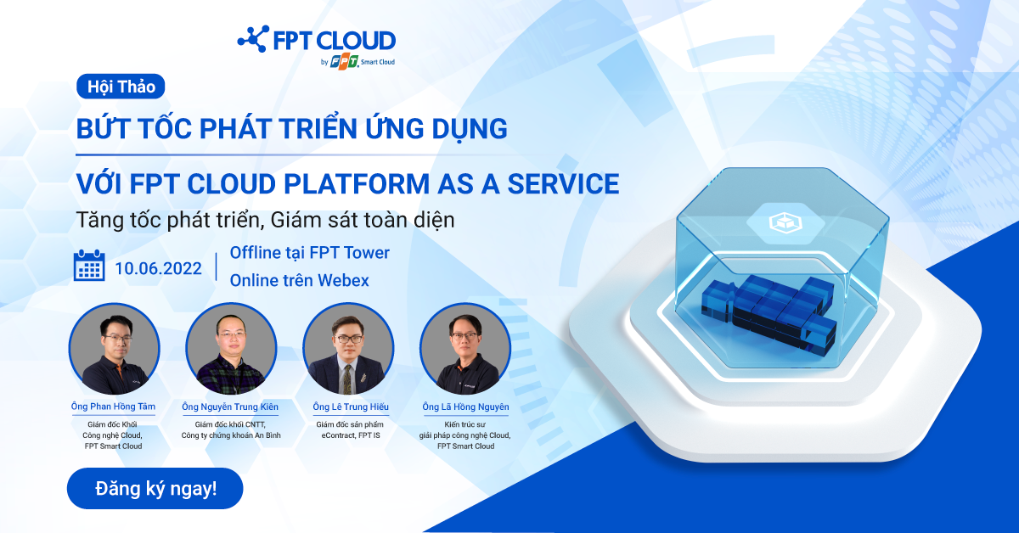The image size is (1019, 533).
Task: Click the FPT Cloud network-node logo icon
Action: pyautogui.click(x=253, y=39)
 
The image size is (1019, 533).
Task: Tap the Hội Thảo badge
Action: pyautogui.click(x=121, y=87)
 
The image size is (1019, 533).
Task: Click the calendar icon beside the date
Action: pyautogui.click(x=89, y=265)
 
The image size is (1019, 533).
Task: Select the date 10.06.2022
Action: pyautogui.click(x=158, y=268)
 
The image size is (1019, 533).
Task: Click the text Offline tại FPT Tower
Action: pyautogui.click(x=309, y=253)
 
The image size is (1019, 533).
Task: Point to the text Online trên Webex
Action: pyautogui.click(x=299, y=280)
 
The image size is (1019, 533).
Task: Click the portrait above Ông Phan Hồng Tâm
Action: pyautogui.click(x=114, y=349)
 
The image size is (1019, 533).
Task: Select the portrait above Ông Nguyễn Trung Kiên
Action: pyautogui.click(x=231, y=349)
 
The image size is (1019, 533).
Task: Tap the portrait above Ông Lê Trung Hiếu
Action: pyautogui.click(x=348, y=349)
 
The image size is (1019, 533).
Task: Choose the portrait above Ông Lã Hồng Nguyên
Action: pyautogui.click(x=465, y=349)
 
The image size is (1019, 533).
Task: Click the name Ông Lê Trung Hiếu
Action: pyautogui.click(x=350, y=407)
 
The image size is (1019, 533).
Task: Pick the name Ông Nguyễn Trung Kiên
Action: pyautogui.click(x=230, y=407)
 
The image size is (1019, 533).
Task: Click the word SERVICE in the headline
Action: pyautogui.click(x=563, y=183)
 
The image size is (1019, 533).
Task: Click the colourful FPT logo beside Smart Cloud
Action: pyautogui.click(x=345, y=62)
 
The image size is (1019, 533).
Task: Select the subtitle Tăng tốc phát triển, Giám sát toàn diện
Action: pyautogui.click(x=265, y=220)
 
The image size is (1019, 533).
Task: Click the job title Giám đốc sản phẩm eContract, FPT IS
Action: pyautogui.click(x=350, y=429)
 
